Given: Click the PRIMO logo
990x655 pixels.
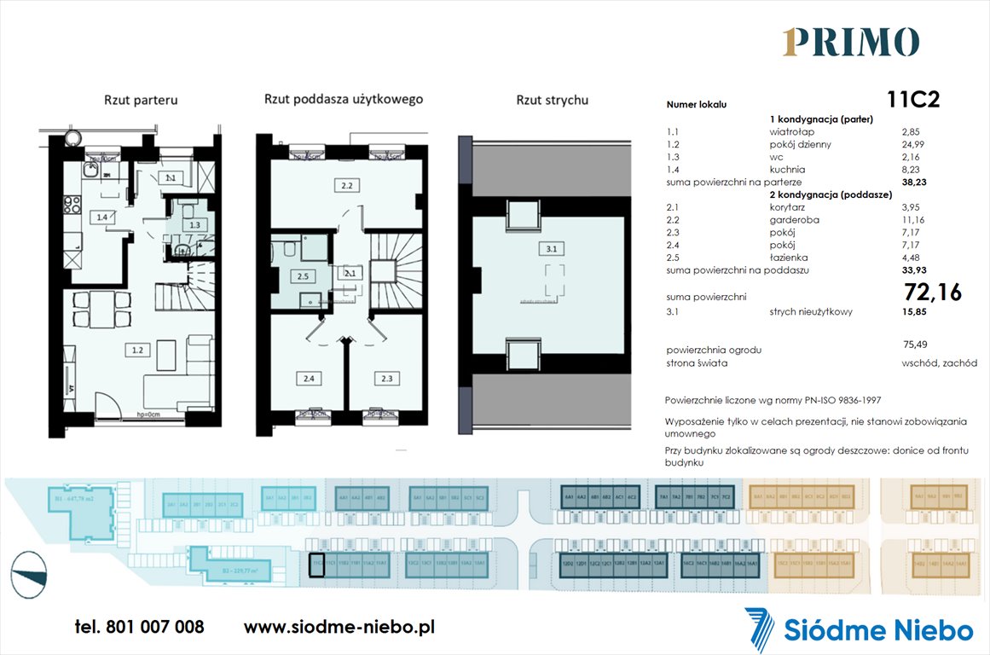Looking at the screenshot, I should click(x=850, y=42).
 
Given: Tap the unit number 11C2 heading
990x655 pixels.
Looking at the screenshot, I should click(x=913, y=101).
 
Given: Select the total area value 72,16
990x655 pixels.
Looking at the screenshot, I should click(x=932, y=293).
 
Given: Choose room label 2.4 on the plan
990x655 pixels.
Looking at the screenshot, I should click(x=308, y=379).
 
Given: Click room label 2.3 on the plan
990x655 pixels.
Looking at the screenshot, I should click(x=387, y=379).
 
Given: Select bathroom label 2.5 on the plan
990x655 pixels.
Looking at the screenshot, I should click(x=303, y=276).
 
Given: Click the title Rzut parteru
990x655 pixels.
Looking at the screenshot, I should click(x=140, y=101).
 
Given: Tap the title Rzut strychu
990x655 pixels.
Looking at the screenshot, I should click(x=552, y=101).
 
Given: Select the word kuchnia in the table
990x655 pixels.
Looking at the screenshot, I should click(x=786, y=170).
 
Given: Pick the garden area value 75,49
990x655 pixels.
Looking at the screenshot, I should click(x=915, y=345).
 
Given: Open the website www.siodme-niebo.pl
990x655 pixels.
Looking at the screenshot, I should click(x=339, y=627).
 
